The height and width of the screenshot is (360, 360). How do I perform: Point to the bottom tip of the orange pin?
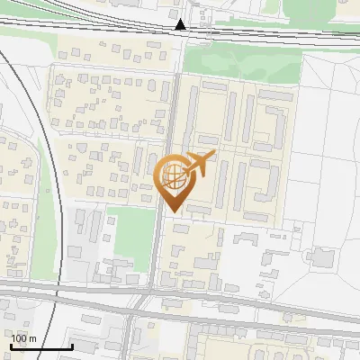click(x=172, y=212)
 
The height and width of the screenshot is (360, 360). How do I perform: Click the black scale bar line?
click(x=41, y=347)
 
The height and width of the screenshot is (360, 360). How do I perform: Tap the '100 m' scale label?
click(x=23, y=338)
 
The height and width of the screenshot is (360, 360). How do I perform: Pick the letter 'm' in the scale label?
click(x=32, y=338)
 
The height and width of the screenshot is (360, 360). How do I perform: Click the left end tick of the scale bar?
click(x=11, y=346)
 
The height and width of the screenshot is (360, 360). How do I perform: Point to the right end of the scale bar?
click(x=72, y=346)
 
